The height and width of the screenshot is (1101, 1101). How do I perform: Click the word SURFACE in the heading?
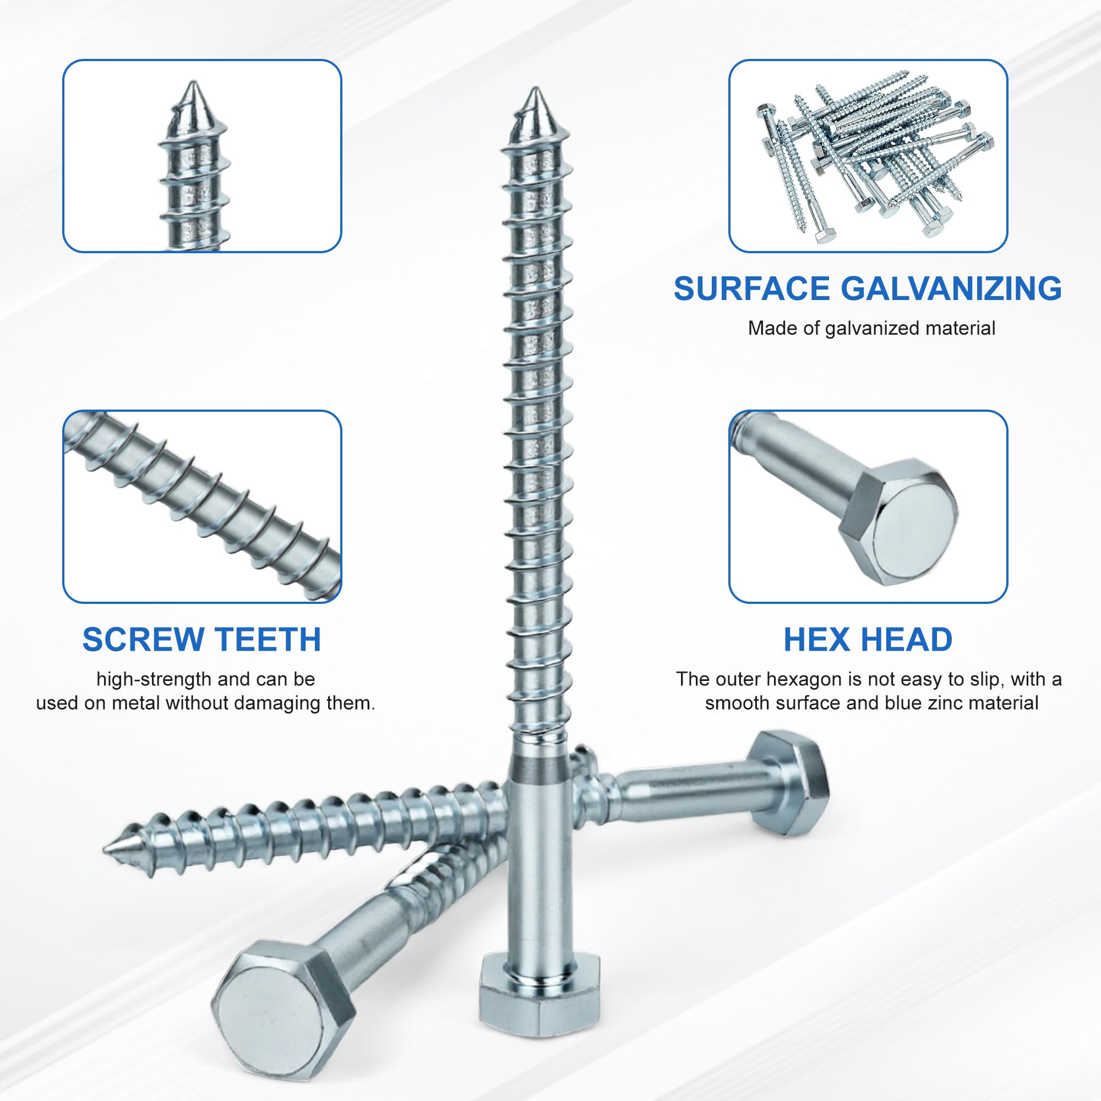(x=751, y=288)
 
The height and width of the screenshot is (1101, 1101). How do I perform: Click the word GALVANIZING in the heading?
(x=951, y=288)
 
